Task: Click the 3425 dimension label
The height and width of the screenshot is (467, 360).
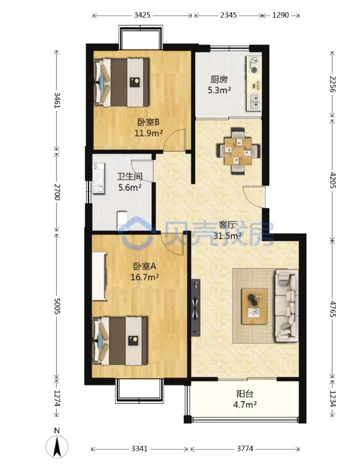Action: click(x=142, y=15)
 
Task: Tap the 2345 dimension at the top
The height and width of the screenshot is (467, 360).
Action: click(x=228, y=15)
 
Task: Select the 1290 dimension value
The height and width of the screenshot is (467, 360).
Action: click(x=280, y=15)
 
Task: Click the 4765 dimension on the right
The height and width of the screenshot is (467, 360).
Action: click(x=333, y=309)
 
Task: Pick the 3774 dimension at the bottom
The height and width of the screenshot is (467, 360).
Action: click(x=245, y=449)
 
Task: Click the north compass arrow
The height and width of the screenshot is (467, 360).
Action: click(x=57, y=446)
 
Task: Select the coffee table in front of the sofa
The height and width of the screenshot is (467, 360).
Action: click(x=254, y=306)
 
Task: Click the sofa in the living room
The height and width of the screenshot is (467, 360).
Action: click(x=287, y=305)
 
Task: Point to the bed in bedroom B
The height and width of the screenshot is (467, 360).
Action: click(x=121, y=82)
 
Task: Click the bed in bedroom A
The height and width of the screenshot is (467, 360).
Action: click(x=120, y=341)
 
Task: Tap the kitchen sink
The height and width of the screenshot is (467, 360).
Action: click(x=254, y=101)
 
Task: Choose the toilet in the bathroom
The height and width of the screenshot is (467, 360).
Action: click(x=122, y=219)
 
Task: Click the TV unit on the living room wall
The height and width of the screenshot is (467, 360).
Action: click(x=196, y=307)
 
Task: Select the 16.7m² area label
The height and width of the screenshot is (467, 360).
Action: click(x=144, y=277)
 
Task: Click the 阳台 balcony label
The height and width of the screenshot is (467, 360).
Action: click(x=245, y=394)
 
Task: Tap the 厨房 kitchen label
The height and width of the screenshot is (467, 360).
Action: click(x=219, y=80)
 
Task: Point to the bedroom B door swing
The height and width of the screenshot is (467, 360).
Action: click(x=175, y=139)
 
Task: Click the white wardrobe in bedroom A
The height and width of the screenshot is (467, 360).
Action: click(x=99, y=276)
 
